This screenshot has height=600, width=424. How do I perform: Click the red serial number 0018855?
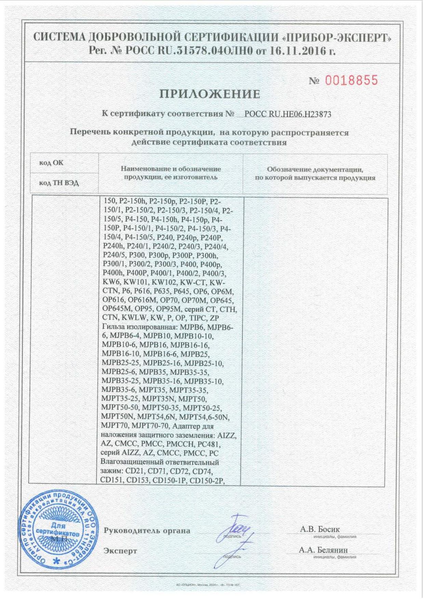pyautogui.click(x=351, y=81)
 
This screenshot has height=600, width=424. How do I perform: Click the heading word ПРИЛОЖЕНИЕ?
pyautogui.click(x=210, y=94)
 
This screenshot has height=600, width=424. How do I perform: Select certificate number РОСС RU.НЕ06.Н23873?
pyautogui.click(x=288, y=114)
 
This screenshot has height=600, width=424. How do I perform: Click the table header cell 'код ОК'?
pyautogui.click(x=51, y=163)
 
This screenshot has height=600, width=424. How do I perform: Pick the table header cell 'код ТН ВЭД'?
pyautogui.click(x=59, y=183)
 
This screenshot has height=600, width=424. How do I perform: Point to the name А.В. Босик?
pyautogui.click(x=320, y=529)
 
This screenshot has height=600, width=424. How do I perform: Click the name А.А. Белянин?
pyautogui.click(x=323, y=550)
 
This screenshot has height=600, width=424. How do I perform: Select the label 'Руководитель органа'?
pyautogui.click(x=147, y=531)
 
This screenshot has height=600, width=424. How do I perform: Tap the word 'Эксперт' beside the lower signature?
pyautogui.click(x=120, y=551)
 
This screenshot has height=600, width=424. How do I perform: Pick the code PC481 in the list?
pyautogui.click(x=209, y=444)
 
